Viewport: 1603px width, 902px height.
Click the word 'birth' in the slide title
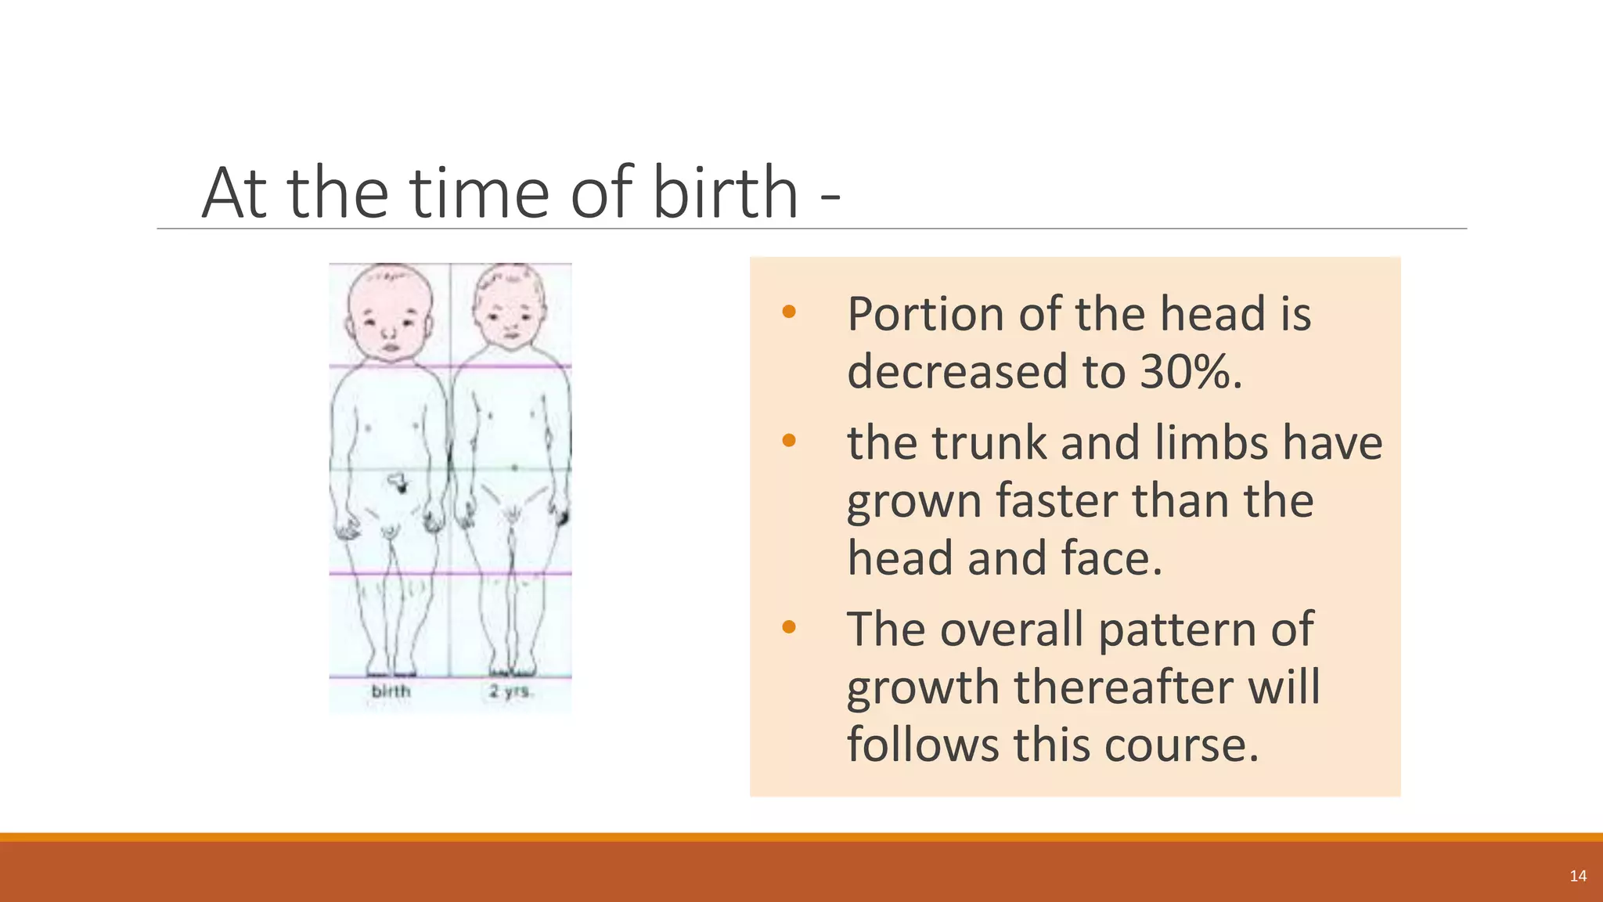pyautogui.click(x=725, y=193)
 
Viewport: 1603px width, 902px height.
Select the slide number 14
pyautogui.click(x=1578, y=875)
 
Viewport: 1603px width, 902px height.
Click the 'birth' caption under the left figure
pyautogui.click(x=391, y=691)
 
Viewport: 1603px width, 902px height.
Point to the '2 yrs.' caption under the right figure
pyautogui.click(x=510, y=691)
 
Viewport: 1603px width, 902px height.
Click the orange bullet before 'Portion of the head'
pyautogui.click(x=788, y=312)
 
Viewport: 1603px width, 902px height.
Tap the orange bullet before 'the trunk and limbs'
pyautogui.click(x=788, y=441)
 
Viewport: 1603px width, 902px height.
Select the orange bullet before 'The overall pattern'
pyautogui.click(x=788, y=626)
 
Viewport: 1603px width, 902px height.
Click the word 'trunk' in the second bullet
pyautogui.click(x=989, y=442)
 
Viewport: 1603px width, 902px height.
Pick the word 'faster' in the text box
pyautogui.click(x=1057, y=500)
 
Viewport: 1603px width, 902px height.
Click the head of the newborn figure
pyautogui.click(x=390, y=313)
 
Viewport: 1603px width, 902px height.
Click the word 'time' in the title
pyautogui.click(x=479, y=193)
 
